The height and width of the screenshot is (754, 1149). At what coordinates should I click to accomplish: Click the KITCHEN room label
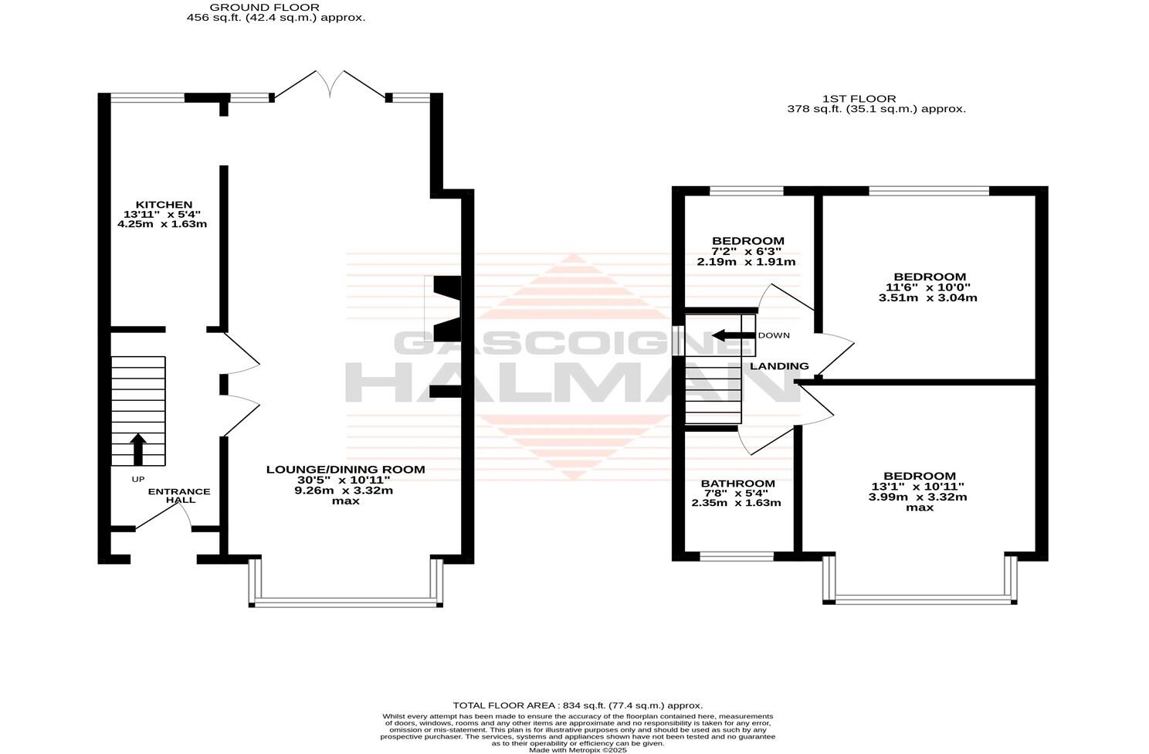pyautogui.click(x=162, y=205)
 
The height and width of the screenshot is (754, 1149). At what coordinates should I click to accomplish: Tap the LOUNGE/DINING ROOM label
pyautogui.click(x=345, y=469)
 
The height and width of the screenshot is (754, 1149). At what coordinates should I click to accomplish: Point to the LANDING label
pyautogui.click(x=779, y=366)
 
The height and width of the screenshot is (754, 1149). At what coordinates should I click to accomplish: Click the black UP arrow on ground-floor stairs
pyautogui.click(x=138, y=449)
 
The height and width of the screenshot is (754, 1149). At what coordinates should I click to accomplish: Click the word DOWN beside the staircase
pyautogui.click(x=774, y=335)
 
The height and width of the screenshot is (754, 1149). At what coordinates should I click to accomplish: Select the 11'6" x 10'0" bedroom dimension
pyautogui.click(x=930, y=287)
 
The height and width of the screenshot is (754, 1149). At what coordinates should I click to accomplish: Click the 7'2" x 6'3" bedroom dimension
pyautogui.click(x=747, y=252)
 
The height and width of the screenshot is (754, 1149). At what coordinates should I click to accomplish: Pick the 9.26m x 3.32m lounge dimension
pyautogui.click(x=345, y=490)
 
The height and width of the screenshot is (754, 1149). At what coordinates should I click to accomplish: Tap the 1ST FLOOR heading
pyautogui.click(x=859, y=99)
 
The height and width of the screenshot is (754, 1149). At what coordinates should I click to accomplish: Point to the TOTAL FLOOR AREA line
pyautogui.click(x=577, y=705)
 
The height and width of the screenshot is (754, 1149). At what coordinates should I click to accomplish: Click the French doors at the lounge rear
pyautogui.click(x=330, y=85)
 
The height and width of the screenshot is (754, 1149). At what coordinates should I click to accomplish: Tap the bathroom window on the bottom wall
pyautogui.click(x=737, y=556)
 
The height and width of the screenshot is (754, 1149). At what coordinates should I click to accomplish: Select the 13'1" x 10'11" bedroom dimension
pyautogui.click(x=919, y=487)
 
